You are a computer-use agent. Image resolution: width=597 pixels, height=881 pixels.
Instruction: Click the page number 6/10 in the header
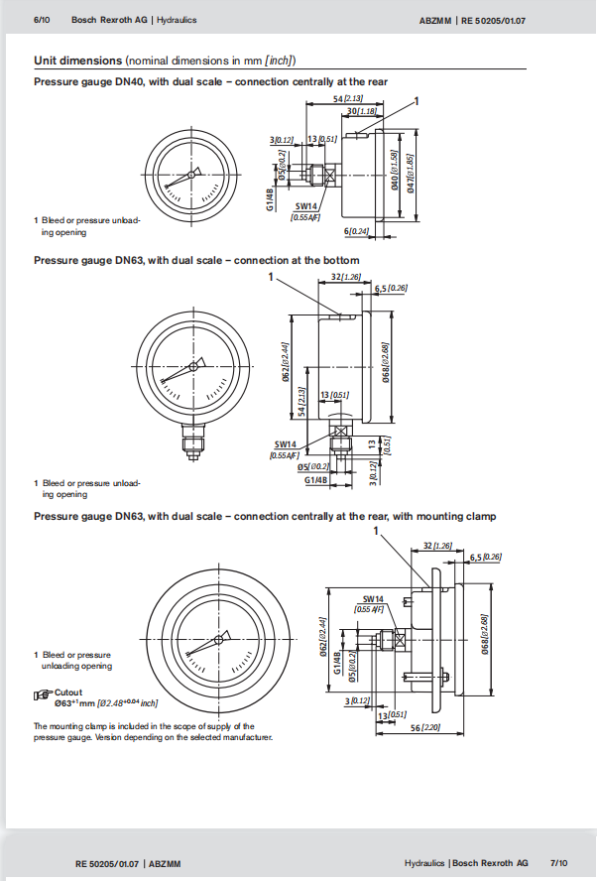click(x=42, y=20)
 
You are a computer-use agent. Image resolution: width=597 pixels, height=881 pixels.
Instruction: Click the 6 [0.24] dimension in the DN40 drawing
click(x=356, y=231)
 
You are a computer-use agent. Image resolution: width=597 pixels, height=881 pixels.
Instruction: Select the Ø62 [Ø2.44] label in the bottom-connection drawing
click(x=286, y=361)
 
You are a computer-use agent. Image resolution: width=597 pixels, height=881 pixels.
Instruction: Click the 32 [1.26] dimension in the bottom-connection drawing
click(x=343, y=277)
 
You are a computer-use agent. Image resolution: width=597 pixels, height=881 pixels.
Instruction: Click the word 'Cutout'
click(x=68, y=692)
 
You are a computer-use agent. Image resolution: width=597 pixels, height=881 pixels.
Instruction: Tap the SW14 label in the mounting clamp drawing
click(x=373, y=599)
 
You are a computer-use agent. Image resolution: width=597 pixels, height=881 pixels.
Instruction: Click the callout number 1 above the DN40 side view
click(x=418, y=100)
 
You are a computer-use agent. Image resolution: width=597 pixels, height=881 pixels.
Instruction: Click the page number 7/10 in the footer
click(x=558, y=862)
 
